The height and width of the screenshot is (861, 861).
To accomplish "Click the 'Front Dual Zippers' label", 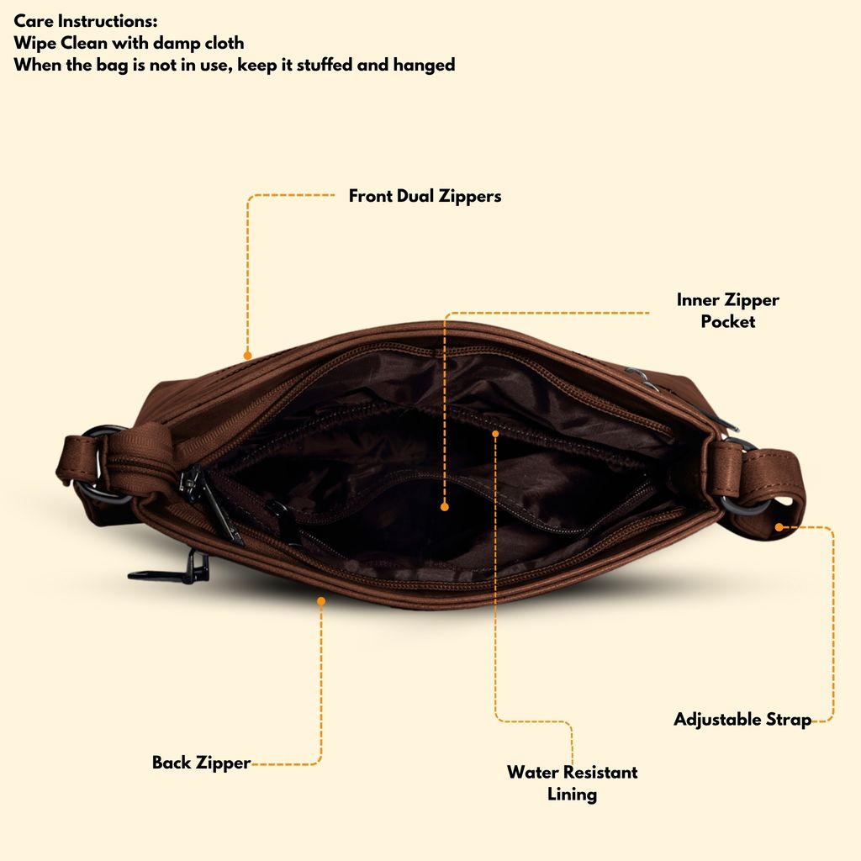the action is tap(425, 196).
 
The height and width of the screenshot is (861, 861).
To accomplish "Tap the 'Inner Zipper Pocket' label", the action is tap(727, 310).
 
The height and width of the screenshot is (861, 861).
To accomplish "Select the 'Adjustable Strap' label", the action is tap(742, 720).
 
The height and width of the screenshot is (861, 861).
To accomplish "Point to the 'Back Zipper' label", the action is tap(201, 763).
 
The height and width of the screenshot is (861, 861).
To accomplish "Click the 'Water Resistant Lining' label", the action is tap(572, 783).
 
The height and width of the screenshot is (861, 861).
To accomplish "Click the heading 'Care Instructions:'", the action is tap(86, 21).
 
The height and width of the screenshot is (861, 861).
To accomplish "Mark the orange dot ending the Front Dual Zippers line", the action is tap(248, 356).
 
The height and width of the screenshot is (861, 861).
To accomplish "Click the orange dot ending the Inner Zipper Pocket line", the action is tap(445, 507).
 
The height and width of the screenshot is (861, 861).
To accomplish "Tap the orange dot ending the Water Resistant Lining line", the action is tap(495, 434).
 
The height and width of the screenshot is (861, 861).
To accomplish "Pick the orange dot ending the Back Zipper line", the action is tap(321, 601).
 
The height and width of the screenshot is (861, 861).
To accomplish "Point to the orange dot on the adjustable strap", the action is tap(779, 527).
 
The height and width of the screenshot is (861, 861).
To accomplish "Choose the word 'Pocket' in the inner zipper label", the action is tap(727, 321).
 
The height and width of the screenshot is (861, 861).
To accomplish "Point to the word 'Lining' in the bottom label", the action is tap(572, 795).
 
